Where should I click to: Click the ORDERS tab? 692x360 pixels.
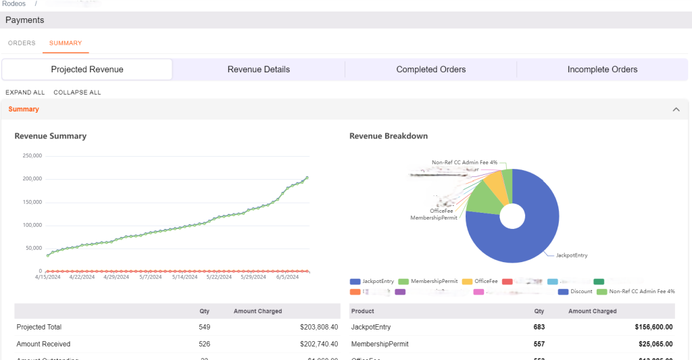[x=22, y=43]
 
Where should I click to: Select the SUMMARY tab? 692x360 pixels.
[x=66, y=43]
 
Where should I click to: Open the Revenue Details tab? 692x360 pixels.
[x=258, y=70]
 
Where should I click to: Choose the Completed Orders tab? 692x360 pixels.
[x=430, y=70]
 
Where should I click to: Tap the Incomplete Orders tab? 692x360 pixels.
[x=602, y=70]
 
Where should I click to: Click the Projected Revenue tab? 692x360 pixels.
[x=87, y=70]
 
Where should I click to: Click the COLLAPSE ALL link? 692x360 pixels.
[x=77, y=93]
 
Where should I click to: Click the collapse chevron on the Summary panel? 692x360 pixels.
[x=675, y=109]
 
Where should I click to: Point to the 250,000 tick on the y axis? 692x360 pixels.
[x=32, y=156]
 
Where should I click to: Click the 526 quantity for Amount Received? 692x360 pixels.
[x=204, y=344]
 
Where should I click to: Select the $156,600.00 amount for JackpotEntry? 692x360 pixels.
[x=654, y=327]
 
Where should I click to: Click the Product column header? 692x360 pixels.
[x=363, y=311]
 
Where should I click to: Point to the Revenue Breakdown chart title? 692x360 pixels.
[x=388, y=136]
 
